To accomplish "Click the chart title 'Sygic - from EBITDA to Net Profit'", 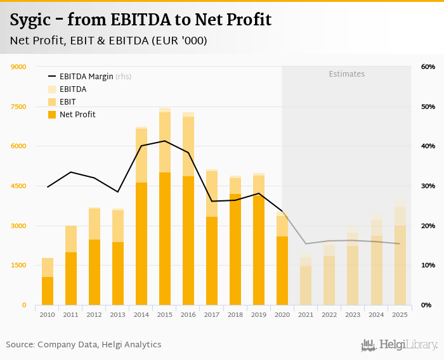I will coord(140,20).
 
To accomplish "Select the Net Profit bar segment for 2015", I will coord(165,239).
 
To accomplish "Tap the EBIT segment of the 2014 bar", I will coord(141,155).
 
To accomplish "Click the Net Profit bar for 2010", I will coord(48,291).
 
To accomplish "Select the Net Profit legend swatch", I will coord(52,115).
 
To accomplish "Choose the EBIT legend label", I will coord(67,101).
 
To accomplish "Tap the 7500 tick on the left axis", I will coord(18,106).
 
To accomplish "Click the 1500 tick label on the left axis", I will coord(18,266).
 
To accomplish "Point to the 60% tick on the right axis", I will coord(428,67).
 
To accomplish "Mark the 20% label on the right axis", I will coord(428,226).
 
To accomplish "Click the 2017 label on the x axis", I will coord(212,314).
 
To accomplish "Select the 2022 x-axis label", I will coord(329,314).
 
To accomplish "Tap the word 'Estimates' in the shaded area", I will coord(346,74).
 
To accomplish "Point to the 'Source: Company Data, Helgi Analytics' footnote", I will coord(84,344).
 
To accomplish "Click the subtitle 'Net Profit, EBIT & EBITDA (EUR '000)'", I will coord(108,41).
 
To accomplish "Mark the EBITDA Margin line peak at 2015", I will coord(165,141).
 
